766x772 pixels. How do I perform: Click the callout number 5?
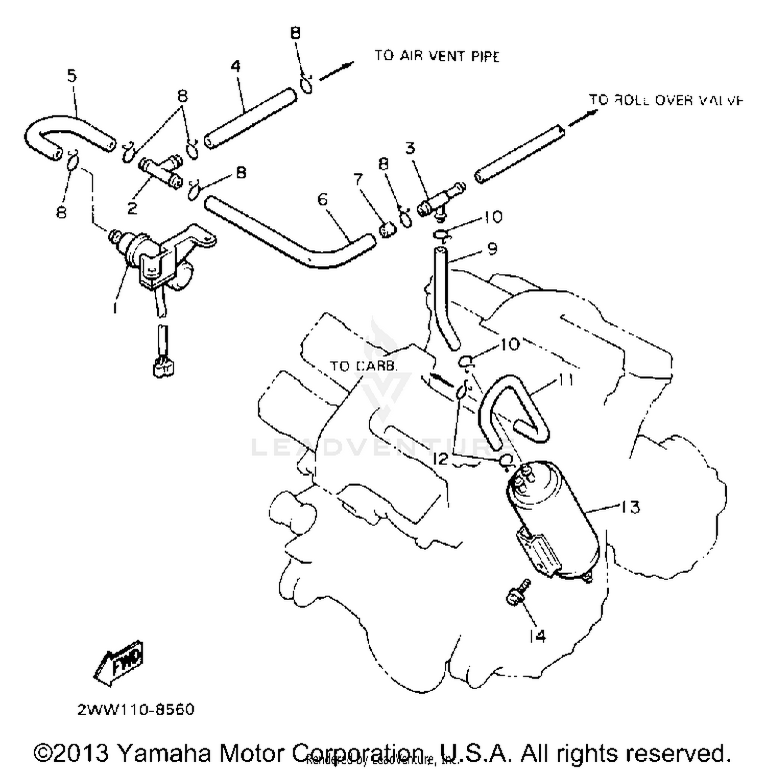[x=72, y=76]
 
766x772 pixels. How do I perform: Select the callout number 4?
[x=235, y=66]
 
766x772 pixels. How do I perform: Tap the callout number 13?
[x=630, y=507]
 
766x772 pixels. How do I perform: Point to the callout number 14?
[x=537, y=636]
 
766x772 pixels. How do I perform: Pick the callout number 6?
[x=322, y=199]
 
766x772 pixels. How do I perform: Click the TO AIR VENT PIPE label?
[x=437, y=56]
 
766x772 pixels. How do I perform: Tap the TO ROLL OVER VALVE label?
[x=665, y=100]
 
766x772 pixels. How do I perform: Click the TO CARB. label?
[x=363, y=366]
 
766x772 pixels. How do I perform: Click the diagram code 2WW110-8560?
[x=136, y=710]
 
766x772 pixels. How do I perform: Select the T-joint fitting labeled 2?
[x=159, y=171]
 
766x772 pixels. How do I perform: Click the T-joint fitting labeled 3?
[x=439, y=200]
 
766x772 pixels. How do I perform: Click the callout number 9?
[x=492, y=248]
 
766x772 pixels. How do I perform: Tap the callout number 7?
[x=358, y=179]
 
